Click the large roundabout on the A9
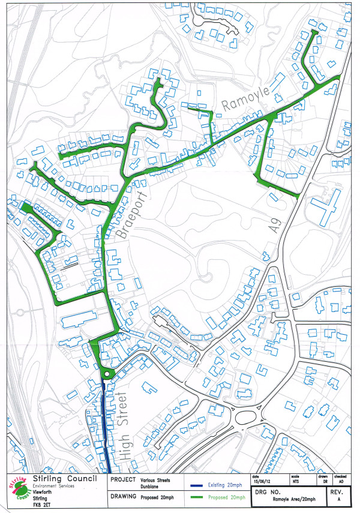[x=247, y=415]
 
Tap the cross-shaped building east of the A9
[x=325, y=206]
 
